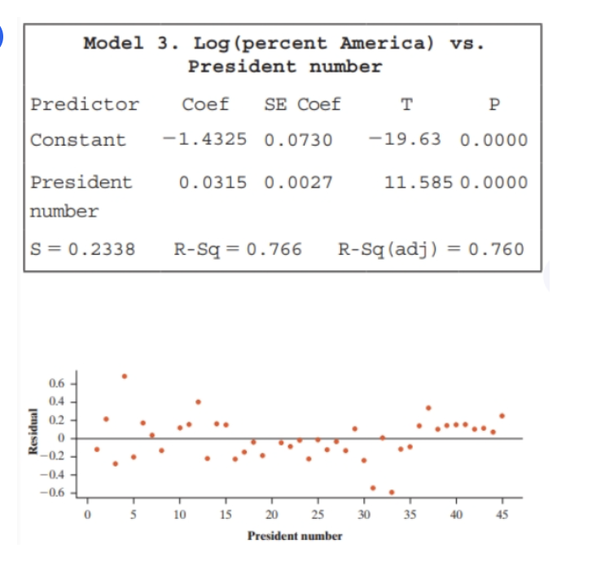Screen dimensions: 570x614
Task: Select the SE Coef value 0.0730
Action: [x=299, y=139]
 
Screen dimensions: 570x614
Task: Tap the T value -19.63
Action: [x=405, y=139]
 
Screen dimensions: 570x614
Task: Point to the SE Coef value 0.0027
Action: [x=299, y=182]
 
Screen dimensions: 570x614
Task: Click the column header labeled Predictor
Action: [x=85, y=104]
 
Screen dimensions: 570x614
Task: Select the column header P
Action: [x=493, y=104]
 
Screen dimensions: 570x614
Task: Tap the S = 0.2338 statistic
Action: [x=82, y=248]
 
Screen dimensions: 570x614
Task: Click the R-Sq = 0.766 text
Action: [x=238, y=248]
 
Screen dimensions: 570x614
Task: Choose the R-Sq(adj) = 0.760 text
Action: [x=431, y=248]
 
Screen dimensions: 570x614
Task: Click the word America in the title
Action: [x=386, y=43]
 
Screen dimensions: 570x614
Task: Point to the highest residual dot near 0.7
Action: [x=124, y=376]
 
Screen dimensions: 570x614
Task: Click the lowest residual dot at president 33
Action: [x=392, y=492]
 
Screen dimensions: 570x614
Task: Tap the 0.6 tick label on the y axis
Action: [x=56, y=383]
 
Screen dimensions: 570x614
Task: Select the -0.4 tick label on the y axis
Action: [x=54, y=475]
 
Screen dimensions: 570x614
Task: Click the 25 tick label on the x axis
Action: [x=318, y=514]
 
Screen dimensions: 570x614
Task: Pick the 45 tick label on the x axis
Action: [x=502, y=514]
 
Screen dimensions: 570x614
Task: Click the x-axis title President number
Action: [x=295, y=536]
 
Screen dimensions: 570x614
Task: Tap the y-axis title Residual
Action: [x=33, y=438]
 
